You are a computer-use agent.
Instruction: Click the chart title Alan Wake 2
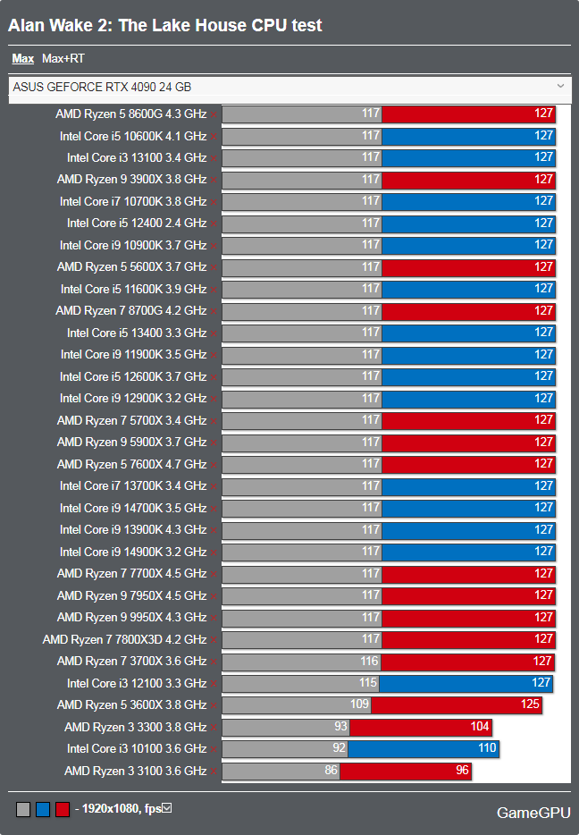pyautogui.click(x=164, y=25)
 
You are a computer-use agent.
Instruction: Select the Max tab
pyautogui.click(x=23, y=59)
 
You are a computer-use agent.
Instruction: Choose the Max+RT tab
pyautogui.click(x=63, y=59)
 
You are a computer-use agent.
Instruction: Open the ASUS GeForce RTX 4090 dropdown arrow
pyautogui.click(x=560, y=86)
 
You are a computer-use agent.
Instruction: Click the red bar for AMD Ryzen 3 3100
pyautogui.click(x=406, y=771)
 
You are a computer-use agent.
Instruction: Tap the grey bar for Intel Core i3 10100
pyautogui.click(x=284, y=749)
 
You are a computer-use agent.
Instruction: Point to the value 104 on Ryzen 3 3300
pyautogui.click(x=480, y=727)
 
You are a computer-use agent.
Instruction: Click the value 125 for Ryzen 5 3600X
pyautogui.click(x=530, y=705)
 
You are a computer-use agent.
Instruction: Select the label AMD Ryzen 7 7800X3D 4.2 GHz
pyautogui.click(x=124, y=639)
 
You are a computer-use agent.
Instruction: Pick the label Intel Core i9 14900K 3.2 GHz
pyautogui.click(x=133, y=552)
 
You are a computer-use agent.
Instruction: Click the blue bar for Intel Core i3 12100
pyautogui.click(x=466, y=683)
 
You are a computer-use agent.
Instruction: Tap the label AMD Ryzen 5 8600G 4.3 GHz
pyautogui.click(x=130, y=114)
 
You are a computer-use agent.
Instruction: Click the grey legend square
pyautogui.click(x=23, y=809)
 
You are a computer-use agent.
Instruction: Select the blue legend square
pyautogui.click(x=43, y=809)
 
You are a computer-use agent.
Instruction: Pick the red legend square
pyautogui.click(x=63, y=809)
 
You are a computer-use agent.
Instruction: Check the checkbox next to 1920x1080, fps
pyautogui.click(x=166, y=808)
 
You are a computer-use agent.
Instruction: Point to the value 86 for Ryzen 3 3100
pyautogui.click(x=331, y=771)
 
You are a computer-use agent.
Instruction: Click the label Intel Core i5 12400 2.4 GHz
pyautogui.click(x=137, y=224)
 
